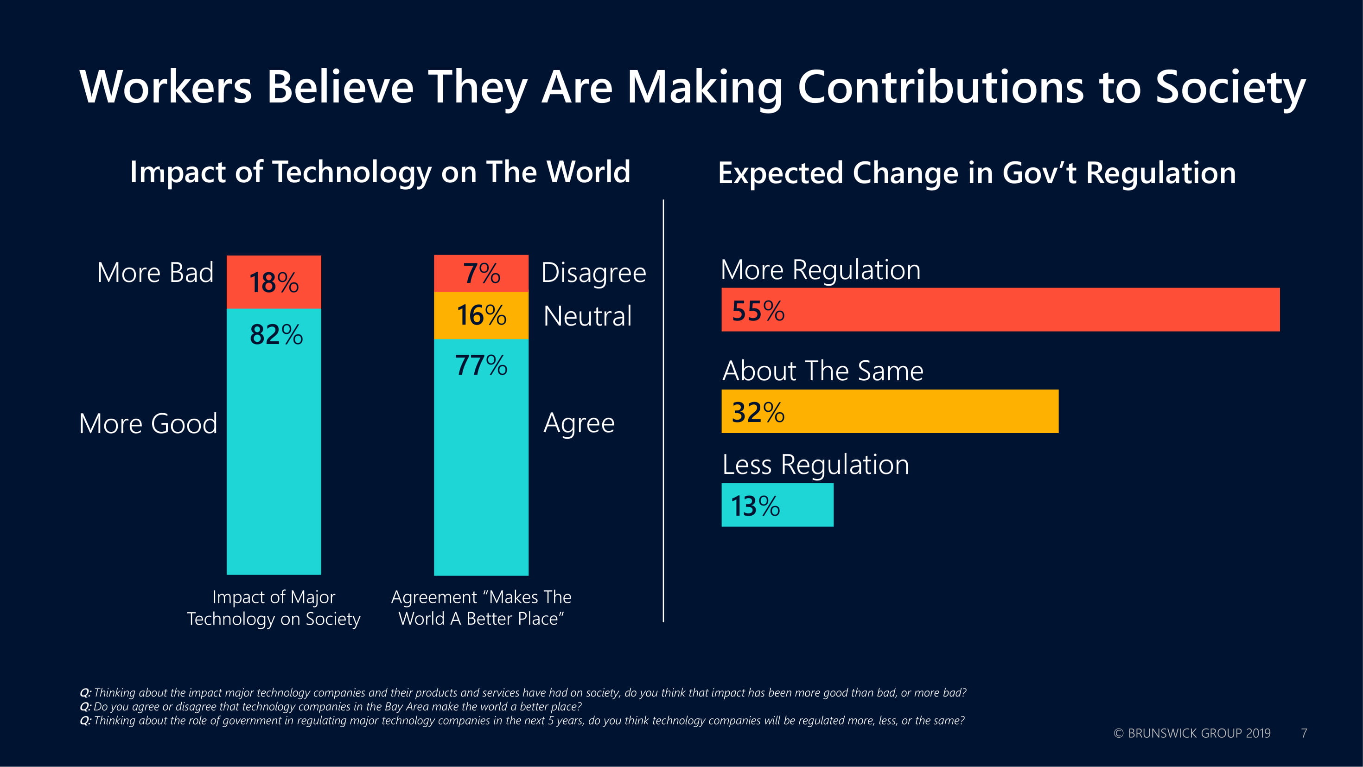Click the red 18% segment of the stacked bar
[x=274, y=282]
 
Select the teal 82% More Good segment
[x=274, y=441]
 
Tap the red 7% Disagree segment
[x=481, y=274]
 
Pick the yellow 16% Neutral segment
[x=481, y=315]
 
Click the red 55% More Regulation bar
[x=1000, y=310]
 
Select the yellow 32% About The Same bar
[x=890, y=411]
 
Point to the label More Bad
[x=155, y=273]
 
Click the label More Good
[x=148, y=423]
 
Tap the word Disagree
[x=593, y=273]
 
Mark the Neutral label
[x=587, y=316]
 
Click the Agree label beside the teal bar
[x=579, y=423]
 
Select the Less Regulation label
[x=815, y=465]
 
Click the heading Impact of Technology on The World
[x=380, y=172]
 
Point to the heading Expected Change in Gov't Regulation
[x=977, y=173]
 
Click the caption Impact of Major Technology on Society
[x=274, y=607]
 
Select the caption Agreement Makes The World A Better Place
[x=481, y=607]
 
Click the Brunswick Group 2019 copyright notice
[x=1191, y=733]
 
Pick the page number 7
[x=1304, y=733]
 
